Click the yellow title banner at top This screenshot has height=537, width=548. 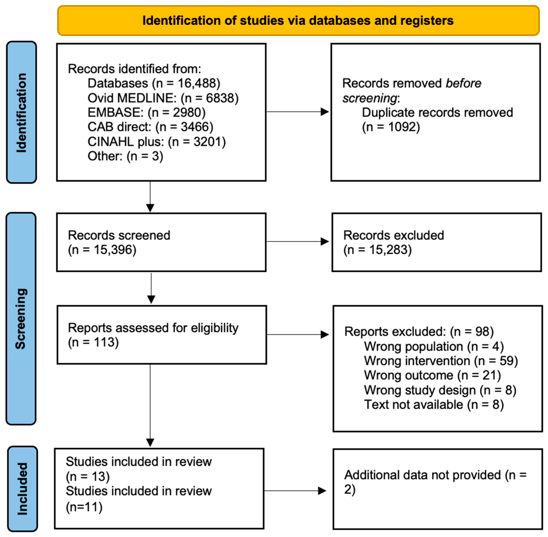click(x=298, y=21)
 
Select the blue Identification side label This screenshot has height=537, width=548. click(x=21, y=112)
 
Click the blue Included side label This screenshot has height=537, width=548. click(x=22, y=489)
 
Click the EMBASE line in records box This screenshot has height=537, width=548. click(x=146, y=113)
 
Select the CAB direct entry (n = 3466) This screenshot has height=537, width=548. click(x=150, y=127)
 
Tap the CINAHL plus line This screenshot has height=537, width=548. click(x=157, y=141)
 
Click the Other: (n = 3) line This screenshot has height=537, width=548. click(x=125, y=156)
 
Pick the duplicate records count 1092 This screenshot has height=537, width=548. click(x=404, y=127)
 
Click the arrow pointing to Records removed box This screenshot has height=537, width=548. click(x=297, y=112)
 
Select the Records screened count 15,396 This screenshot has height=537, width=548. click(x=114, y=250)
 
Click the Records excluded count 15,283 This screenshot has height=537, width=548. click(x=390, y=250)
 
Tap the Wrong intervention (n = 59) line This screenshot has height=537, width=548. click(x=441, y=361)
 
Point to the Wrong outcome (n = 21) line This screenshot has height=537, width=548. click(x=432, y=376)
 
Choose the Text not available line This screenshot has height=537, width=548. click(x=434, y=405)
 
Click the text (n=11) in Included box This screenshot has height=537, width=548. click(x=84, y=507)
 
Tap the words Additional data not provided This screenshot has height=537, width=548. click(x=422, y=475)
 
